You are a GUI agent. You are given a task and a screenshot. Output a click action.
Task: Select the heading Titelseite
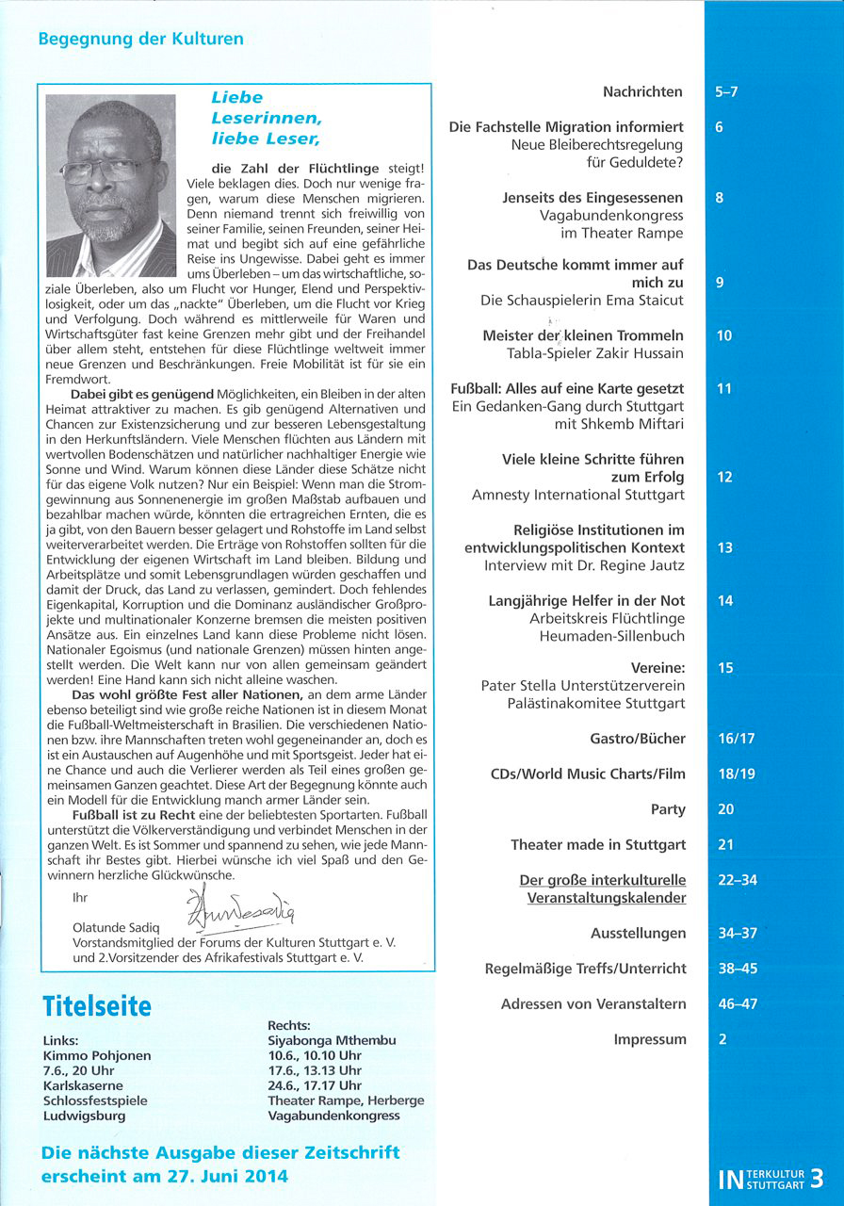click(97, 1005)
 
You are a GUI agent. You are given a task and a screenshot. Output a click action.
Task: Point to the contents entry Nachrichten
click(642, 91)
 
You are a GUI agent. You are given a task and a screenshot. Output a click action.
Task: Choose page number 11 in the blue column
click(724, 388)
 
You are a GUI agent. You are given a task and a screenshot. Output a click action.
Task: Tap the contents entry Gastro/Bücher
click(638, 739)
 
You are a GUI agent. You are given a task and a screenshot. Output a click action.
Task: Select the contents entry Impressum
click(649, 1039)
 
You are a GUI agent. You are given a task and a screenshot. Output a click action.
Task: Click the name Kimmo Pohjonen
click(97, 1056)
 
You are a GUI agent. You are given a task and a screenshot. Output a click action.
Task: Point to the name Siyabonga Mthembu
click(332, 1040)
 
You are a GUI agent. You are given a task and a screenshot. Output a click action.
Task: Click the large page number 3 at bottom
click(816, 1178)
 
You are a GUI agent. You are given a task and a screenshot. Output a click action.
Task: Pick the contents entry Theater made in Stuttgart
click(598, 845)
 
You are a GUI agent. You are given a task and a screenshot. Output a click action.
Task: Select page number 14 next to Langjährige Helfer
click(724, 601)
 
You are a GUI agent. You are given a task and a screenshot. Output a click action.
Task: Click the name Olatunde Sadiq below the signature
click(118, 927)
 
